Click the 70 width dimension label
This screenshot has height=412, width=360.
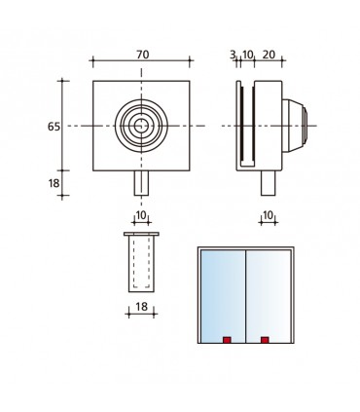(142, 55)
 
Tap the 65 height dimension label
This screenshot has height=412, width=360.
(54, 127)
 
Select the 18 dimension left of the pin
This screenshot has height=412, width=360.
(54, 183)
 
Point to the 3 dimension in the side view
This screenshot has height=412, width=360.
(233, 55)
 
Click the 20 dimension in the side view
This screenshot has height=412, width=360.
(269, 55)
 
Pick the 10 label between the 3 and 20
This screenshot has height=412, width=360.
(247, 55)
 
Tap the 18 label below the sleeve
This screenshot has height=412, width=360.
(141, 307)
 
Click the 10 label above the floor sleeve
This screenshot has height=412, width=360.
(141, 215)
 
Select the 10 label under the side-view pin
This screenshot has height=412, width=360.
(268, 215)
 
